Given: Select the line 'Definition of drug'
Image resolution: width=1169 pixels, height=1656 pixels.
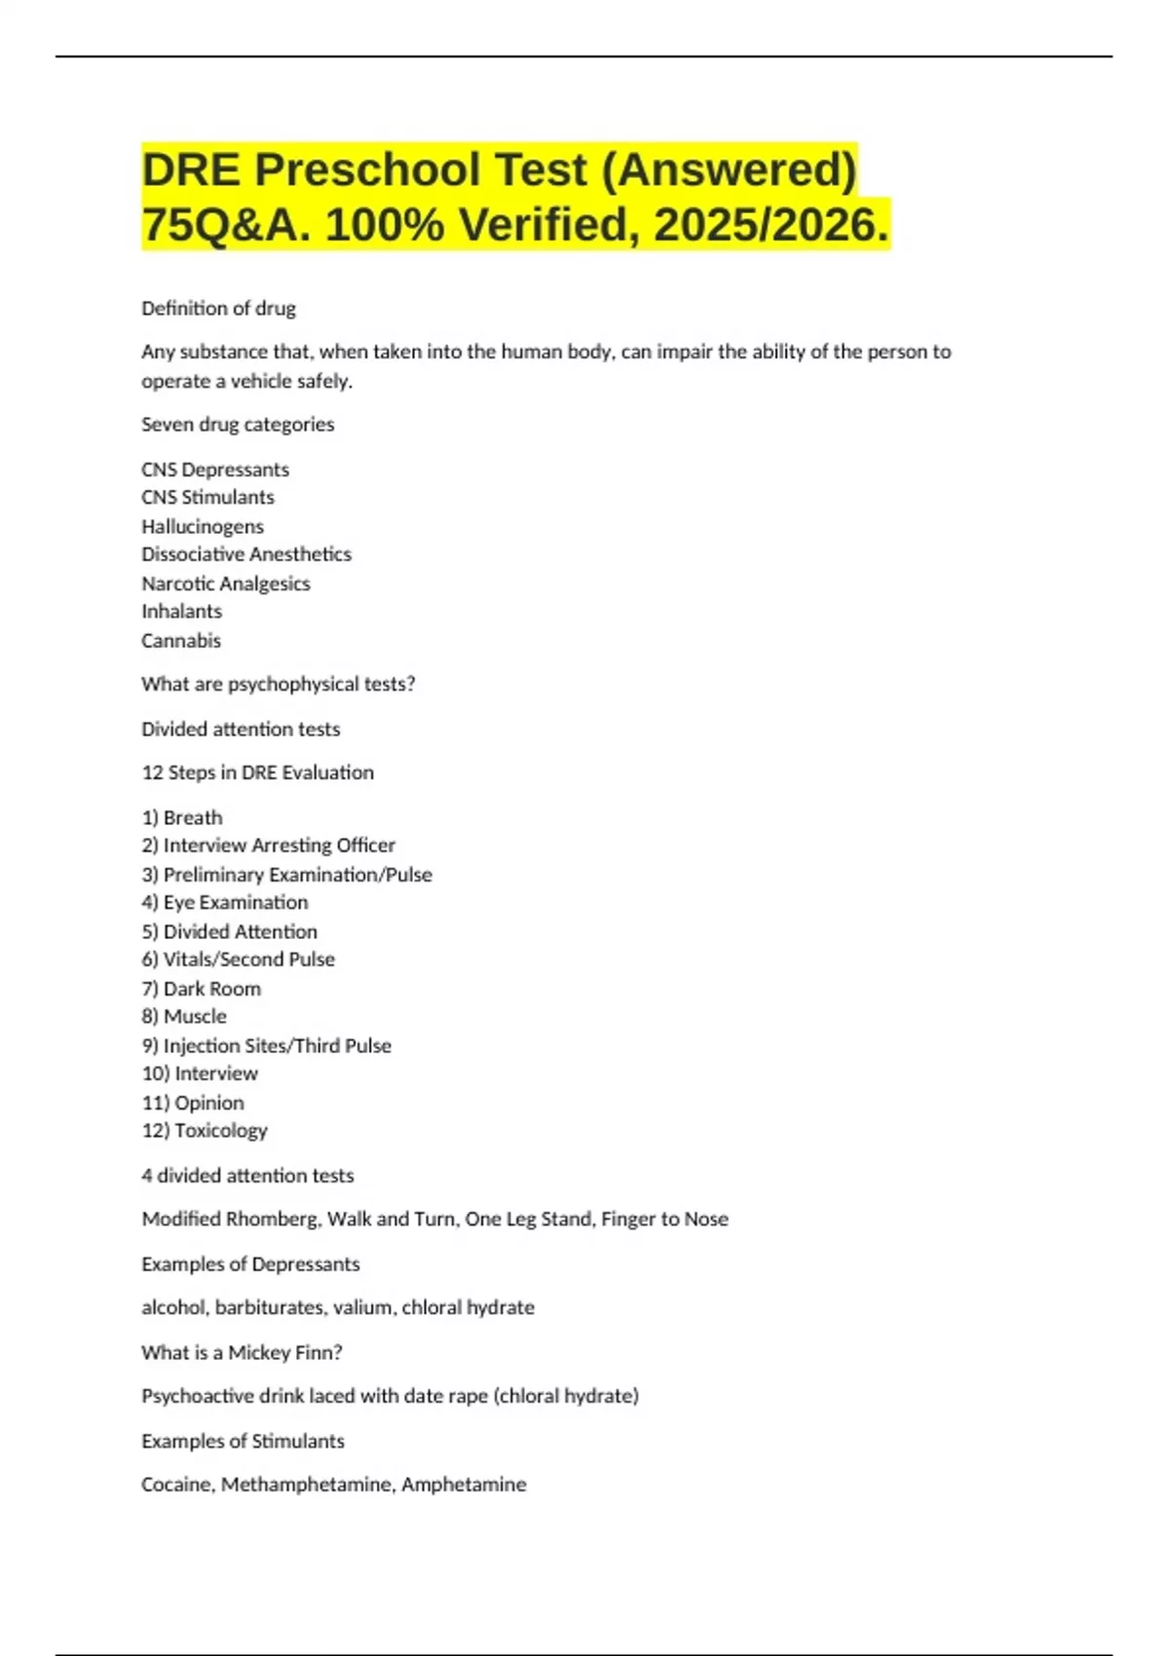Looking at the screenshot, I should click(218, 308).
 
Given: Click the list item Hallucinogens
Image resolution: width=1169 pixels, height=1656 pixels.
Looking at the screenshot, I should click(203, 526).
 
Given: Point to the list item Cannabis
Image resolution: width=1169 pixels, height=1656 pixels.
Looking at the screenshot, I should click(181, 641).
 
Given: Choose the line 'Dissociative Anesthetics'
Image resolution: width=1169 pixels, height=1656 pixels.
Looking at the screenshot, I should click(246, 554).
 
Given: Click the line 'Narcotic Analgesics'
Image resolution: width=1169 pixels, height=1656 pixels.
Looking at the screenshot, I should click(226, 583).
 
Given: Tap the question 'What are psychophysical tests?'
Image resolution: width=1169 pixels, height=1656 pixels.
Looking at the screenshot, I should click(279, 684).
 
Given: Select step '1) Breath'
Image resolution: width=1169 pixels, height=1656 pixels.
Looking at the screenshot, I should click(182, 817).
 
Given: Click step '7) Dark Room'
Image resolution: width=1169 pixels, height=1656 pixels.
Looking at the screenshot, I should click(202, 989).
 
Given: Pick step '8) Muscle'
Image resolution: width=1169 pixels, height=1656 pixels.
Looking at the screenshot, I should click(184, 1016).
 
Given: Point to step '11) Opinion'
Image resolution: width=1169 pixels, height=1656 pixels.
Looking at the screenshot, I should click(193, 1103).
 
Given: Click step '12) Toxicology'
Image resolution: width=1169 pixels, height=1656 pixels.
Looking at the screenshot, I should click(205, 1130).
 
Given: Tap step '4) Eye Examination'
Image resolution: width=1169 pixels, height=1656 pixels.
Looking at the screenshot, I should click(225, 902).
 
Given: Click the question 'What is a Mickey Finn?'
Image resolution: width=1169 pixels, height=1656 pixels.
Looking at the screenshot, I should click(242, 1352).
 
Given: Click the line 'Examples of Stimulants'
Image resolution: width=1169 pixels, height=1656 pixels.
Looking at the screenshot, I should click(243, 1441).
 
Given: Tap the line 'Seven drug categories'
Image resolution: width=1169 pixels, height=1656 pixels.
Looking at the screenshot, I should click(238, 424).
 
